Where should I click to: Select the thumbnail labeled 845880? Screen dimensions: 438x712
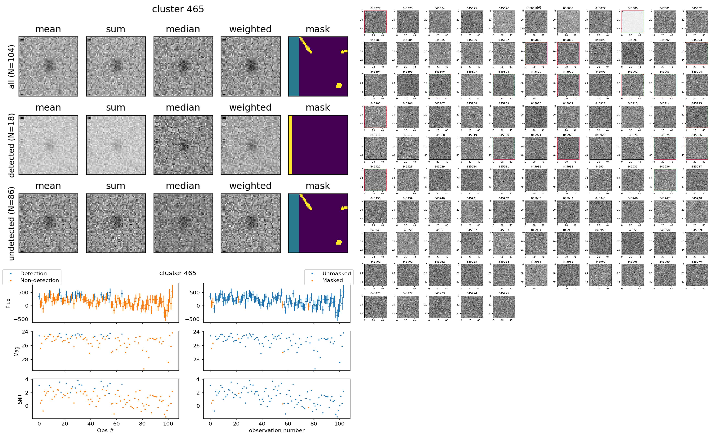coord(632,22)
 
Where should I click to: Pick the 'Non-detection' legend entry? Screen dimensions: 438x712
coord(39,280)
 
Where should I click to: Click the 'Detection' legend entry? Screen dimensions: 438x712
coord(33,273)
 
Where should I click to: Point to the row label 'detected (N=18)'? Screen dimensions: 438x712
coord(12,145)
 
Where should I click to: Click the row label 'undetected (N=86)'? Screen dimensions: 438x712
coord(12,224)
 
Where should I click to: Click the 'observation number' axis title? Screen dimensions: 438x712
coord(277,430)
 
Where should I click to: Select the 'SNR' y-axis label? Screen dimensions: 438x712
coord(20,399)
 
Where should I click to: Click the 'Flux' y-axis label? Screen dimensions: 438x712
coord(9,303)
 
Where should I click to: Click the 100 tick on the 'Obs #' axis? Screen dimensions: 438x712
coord(168,424)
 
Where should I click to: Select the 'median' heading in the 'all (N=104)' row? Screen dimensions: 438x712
coord(183,29)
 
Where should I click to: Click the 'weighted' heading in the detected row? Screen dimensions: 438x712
coord(250,107)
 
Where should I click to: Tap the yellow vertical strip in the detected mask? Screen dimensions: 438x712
coord(290,145)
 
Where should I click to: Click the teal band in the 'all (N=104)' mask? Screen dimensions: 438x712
coord(294,66)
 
